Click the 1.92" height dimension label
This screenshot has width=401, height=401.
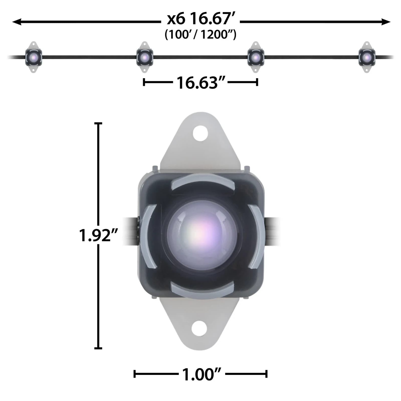tap(98, 236)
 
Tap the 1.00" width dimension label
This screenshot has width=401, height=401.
tap(202, 375)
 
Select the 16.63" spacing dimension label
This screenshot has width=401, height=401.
tap(201, 83)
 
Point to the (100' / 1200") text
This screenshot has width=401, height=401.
tap(200, 35)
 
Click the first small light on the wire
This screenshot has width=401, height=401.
tap(34, 57)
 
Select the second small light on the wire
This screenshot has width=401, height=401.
tap(145, 57)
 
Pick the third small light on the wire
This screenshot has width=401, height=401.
tap(255, 57)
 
